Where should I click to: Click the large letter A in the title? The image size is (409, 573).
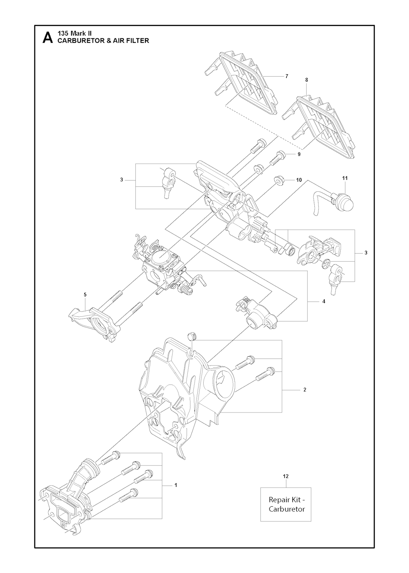click(48, 38)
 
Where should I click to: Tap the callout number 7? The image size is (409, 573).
click(287, 76)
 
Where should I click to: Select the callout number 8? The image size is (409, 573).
click(306, 80)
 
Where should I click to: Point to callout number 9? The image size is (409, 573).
click(299, 154)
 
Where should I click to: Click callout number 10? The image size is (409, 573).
click(299, 180)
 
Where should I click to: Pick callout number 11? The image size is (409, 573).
click(345, 178)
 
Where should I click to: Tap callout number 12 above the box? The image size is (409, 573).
click(286, 476)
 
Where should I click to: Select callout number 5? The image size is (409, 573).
click(85, 294)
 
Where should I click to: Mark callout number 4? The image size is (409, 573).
click(324, 301)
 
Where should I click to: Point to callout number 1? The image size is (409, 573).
click(176, 485)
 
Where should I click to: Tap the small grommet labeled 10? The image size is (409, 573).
click(277, 180)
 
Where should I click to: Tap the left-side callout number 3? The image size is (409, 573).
click(121, 180)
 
